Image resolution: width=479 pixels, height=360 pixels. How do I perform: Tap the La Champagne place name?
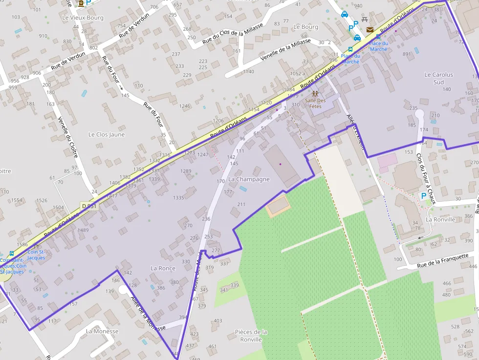click(x=249, y=179)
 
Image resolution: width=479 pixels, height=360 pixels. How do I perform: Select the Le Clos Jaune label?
click(x=107, y=134)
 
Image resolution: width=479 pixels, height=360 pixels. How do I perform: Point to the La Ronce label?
click(x=163, y=268)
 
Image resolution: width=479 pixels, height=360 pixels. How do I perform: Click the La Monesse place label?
click(x=102, y=331)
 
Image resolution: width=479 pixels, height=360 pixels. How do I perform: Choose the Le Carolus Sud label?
click(x=438, y=78)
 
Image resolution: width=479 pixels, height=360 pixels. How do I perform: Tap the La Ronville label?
click(x=440, y=219)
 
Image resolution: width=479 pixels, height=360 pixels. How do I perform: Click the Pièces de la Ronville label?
click(x=251, y=336)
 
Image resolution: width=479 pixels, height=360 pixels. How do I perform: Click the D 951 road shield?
click(x=90, y=206)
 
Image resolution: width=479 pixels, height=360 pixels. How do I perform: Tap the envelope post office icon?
click(x=370, y=30)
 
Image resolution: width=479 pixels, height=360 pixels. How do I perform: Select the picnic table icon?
click(x=365, y=20)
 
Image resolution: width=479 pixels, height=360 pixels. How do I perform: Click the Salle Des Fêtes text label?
click(x=315, y=103)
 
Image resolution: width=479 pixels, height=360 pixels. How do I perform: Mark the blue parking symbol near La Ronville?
click(x=423, y=196)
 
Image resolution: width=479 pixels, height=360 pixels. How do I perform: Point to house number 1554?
click(x=17, y=200)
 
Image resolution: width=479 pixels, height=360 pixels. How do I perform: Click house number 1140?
click(x=248, y=72)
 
